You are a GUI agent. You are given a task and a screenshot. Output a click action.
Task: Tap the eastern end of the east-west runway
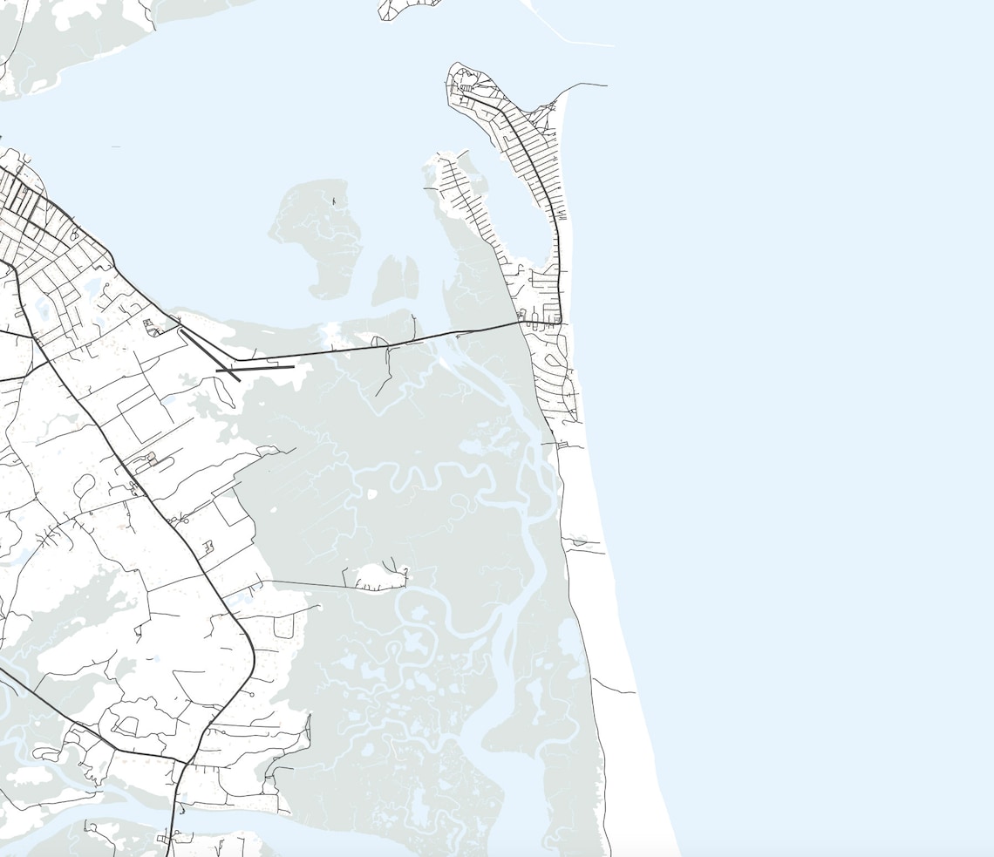[x=294, y=366]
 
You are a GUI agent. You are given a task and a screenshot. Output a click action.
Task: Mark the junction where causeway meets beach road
[x=559, y=323]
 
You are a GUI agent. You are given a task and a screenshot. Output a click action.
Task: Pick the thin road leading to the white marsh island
[x=305, y=582]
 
